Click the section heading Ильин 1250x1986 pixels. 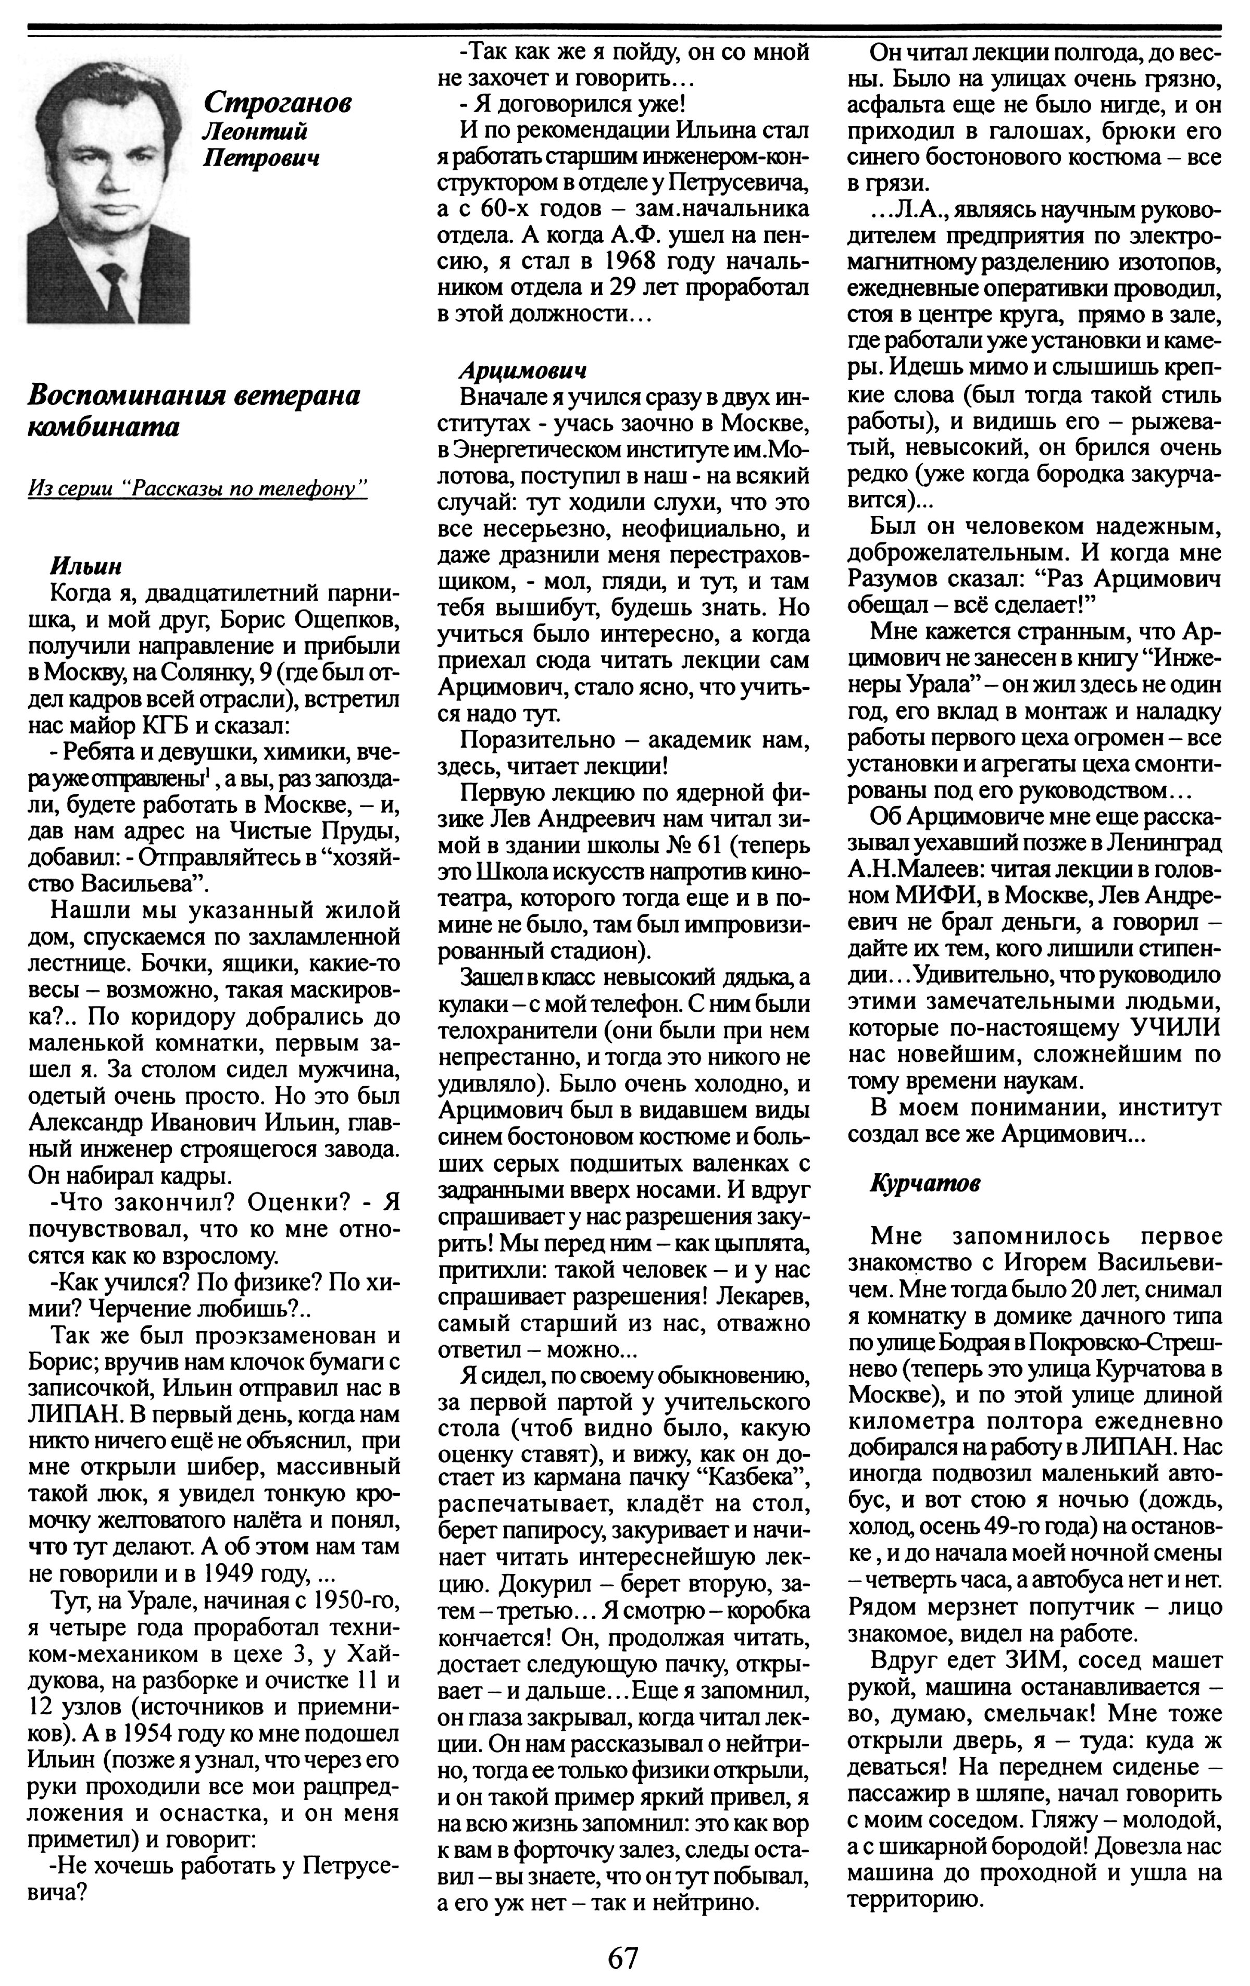[x=86, y=567]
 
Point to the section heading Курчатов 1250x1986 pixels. [x=925, y=1184]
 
